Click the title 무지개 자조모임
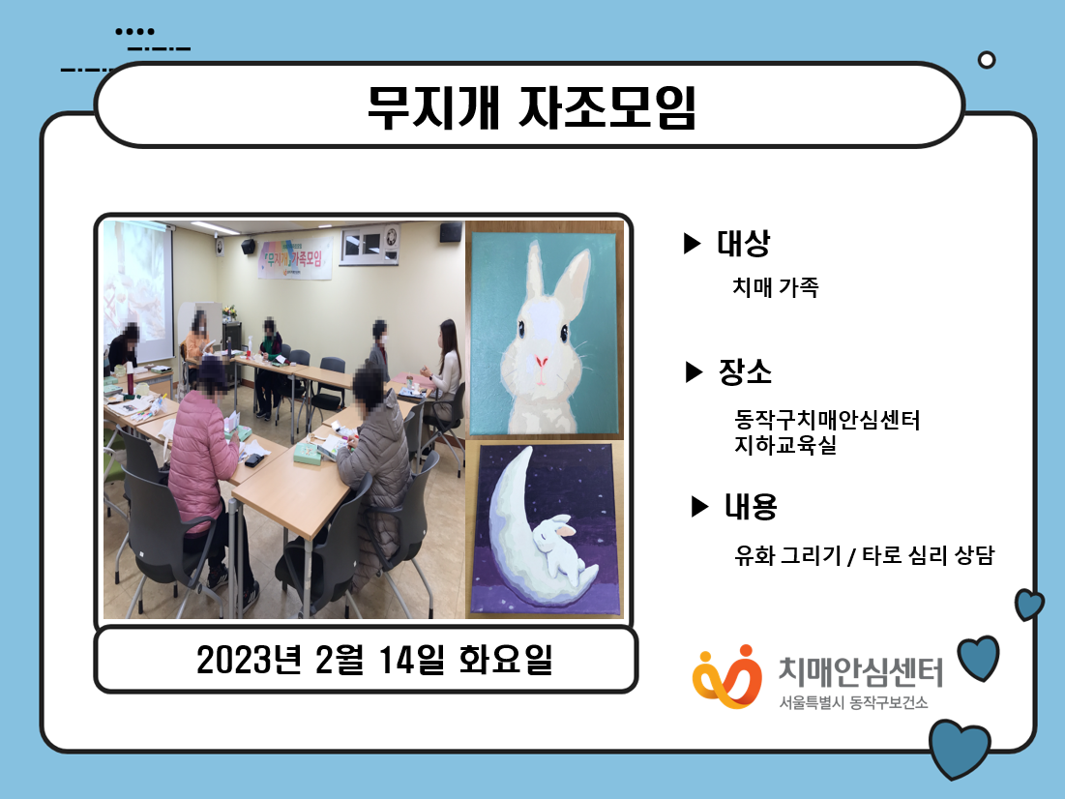click(x=532, y=107)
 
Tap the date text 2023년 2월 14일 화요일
click(x=374, y=659)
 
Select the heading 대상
click(x=744, y=243)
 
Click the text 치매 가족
click(x=776, y=287)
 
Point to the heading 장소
click(x=745, y=371)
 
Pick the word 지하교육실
click(x=785, y=446)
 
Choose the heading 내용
click(x=751, y=506)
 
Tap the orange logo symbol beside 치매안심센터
click(x=726, y=677)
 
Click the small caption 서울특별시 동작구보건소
click(x=853, y=702)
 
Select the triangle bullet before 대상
click(x=692, y=243)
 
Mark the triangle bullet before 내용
click(x=699, y=506)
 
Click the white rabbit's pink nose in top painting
click(x=542, y=361)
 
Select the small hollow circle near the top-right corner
click(x=987, y=60)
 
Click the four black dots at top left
click(x=134, y=31)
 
